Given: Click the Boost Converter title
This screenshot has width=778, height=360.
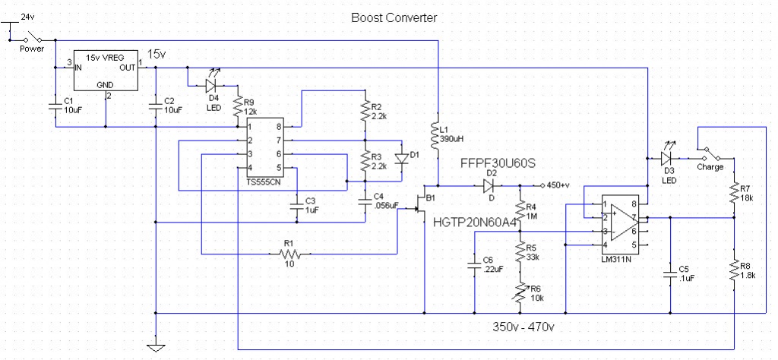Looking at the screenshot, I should point(394,17).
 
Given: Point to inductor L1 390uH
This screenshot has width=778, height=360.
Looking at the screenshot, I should point(438,137).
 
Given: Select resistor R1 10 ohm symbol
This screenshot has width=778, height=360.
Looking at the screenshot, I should point(288,254).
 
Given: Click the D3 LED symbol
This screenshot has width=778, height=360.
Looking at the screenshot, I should point(666,159).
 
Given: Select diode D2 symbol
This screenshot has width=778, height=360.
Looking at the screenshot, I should point(490,185).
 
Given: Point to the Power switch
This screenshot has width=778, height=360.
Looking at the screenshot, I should point(31,37).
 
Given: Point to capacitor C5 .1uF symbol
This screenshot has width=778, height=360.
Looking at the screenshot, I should point(670,275).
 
